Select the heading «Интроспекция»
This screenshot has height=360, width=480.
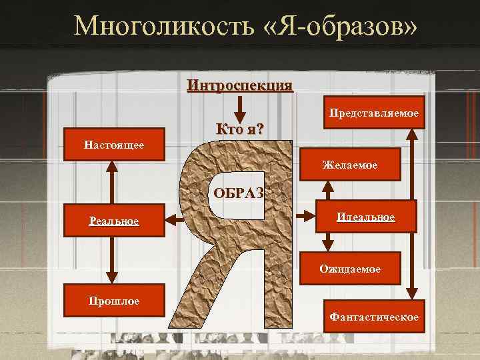click(x=240, y=85)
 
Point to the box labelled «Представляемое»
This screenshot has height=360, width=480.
click(x=372, y=115)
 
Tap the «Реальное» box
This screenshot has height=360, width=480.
click(x=113, y=221)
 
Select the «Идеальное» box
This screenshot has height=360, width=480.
click(x=365, y=217)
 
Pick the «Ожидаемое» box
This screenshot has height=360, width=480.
click(x=350, y=269)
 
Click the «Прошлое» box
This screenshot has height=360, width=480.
click(x=113, y=301)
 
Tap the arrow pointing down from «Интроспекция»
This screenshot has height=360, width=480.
click(x=241, y=108)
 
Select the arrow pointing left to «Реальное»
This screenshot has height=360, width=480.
click(x=174, y=218)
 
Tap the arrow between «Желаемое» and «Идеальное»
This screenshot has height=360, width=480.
click(x=327, y=191)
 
